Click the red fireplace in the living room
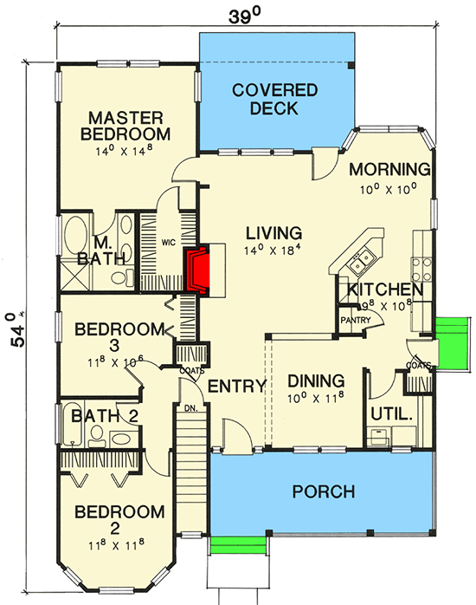(x=200, y=270)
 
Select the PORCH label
(x=323, y=491)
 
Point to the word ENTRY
(x=235, y=387)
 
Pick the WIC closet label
(x=169, y=244)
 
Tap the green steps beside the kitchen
(x=450, y=341)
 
